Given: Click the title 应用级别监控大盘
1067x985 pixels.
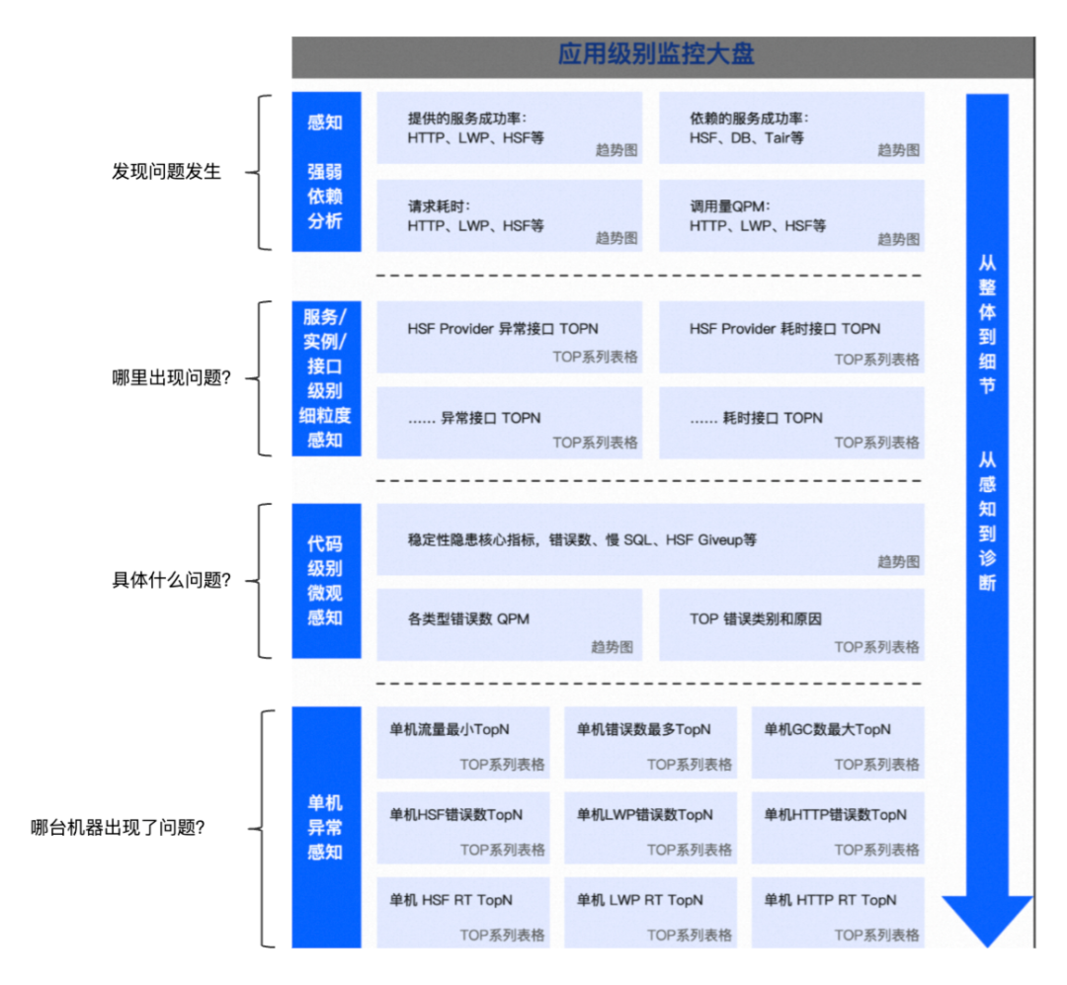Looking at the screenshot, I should pos(656,54).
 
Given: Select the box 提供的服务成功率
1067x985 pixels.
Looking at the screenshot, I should pos(509,128).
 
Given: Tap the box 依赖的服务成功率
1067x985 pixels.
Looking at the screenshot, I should pos(791,128).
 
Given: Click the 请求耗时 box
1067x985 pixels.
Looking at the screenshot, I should pos(509,215).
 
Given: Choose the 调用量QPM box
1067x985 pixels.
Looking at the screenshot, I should pos(791,215).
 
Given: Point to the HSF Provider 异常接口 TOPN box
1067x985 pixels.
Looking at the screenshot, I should pos(509,337).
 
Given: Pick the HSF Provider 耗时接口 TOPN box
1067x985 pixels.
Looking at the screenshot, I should pos(791,337).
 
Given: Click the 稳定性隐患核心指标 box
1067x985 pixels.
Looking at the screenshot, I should pos(650,539).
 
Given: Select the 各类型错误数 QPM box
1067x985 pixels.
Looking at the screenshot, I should pos(509,625).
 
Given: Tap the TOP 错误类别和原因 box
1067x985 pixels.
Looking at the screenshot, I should pos(791,625).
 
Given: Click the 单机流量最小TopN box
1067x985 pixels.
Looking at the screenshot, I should pos(463,742).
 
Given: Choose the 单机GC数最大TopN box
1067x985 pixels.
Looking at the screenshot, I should pos(838,742).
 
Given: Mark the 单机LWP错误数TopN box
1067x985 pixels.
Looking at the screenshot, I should pos(650,827).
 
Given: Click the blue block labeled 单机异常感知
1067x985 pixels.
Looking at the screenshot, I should pos(325,827).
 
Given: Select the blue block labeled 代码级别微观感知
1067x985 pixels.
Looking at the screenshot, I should pos(325,581).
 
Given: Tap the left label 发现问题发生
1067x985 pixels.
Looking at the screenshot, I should pos(166,172).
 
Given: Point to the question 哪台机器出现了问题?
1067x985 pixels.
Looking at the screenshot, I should pos(118,828).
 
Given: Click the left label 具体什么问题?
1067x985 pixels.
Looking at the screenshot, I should pos(171,581).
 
